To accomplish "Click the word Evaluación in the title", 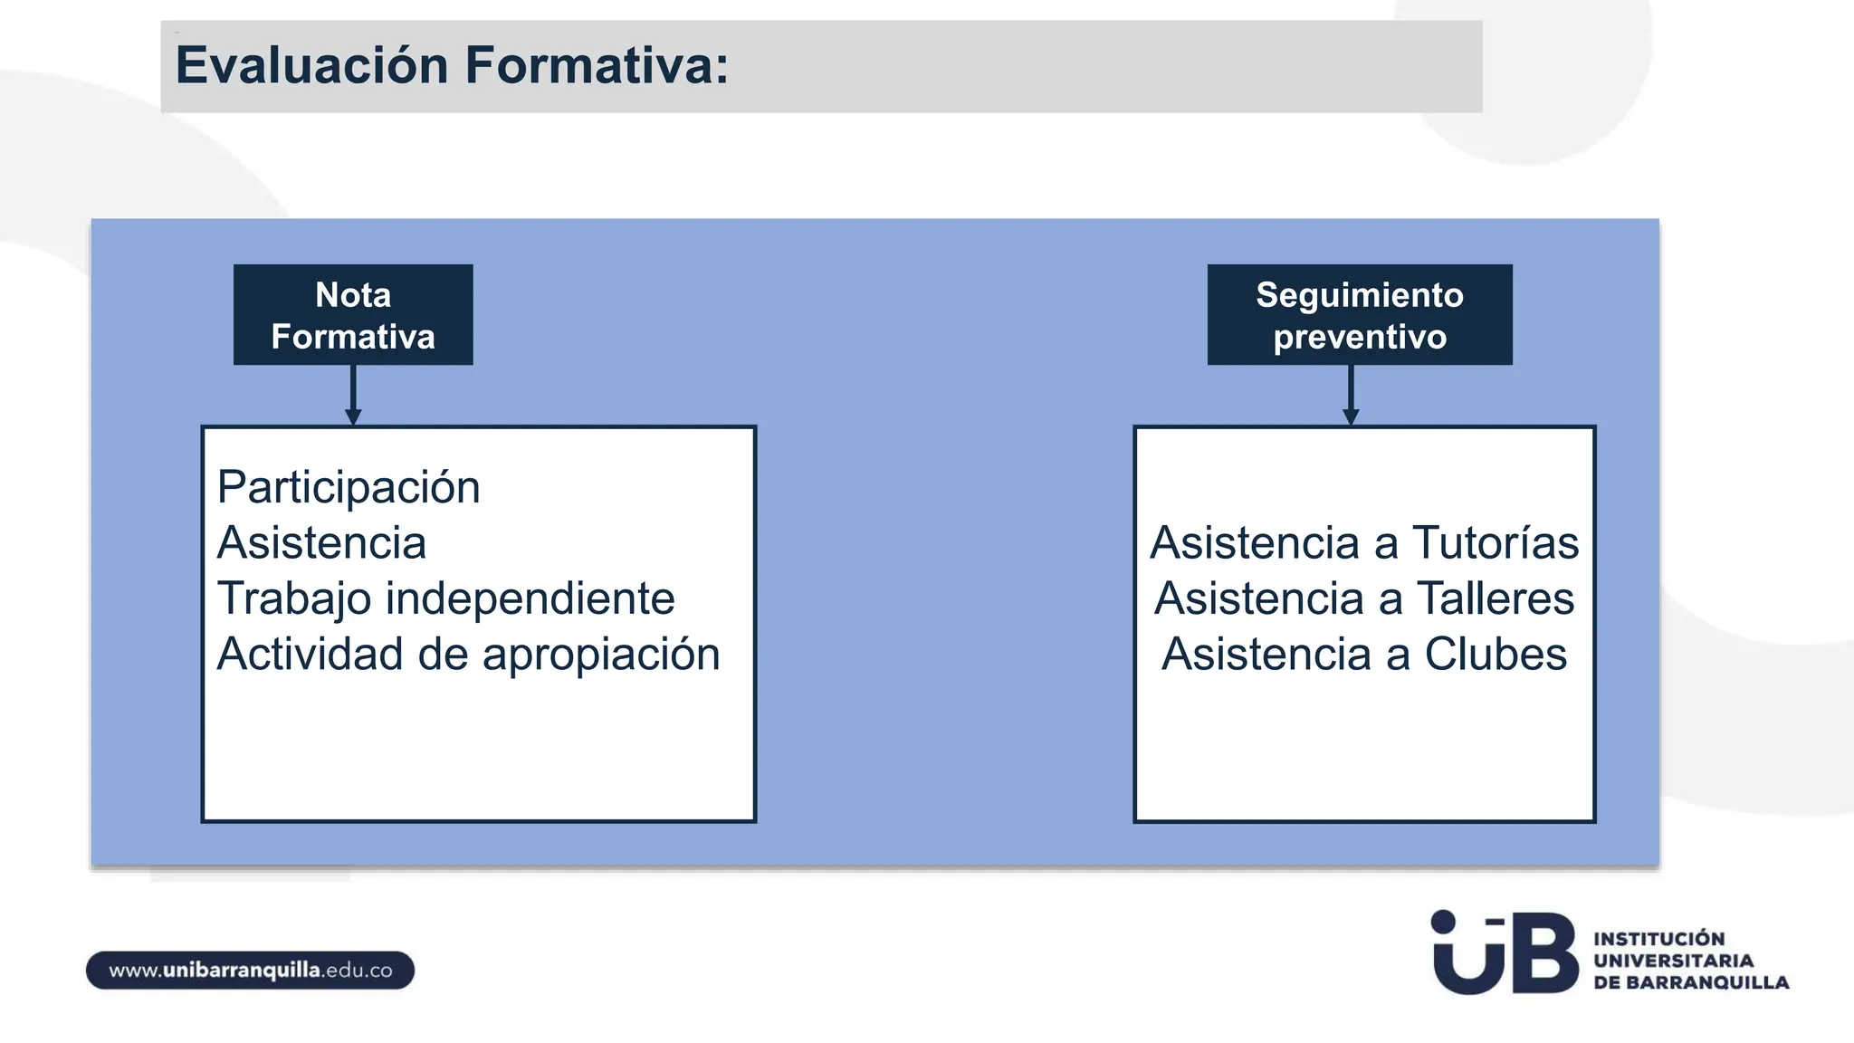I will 311,65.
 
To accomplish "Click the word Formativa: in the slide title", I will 597,65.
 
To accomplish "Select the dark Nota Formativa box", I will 353,314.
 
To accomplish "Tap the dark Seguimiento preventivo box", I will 1359,314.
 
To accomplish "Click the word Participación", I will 349,488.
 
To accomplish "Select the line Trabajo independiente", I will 445,598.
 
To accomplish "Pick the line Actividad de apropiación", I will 468,654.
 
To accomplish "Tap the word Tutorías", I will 1495,543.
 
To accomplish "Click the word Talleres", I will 1495,598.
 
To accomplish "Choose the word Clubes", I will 1495,654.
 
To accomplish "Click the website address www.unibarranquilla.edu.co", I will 251,971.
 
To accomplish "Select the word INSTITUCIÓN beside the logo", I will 1658,939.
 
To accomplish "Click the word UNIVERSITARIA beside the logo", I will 1673,961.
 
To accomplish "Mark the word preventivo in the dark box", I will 1359,337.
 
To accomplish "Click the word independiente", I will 530,598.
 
